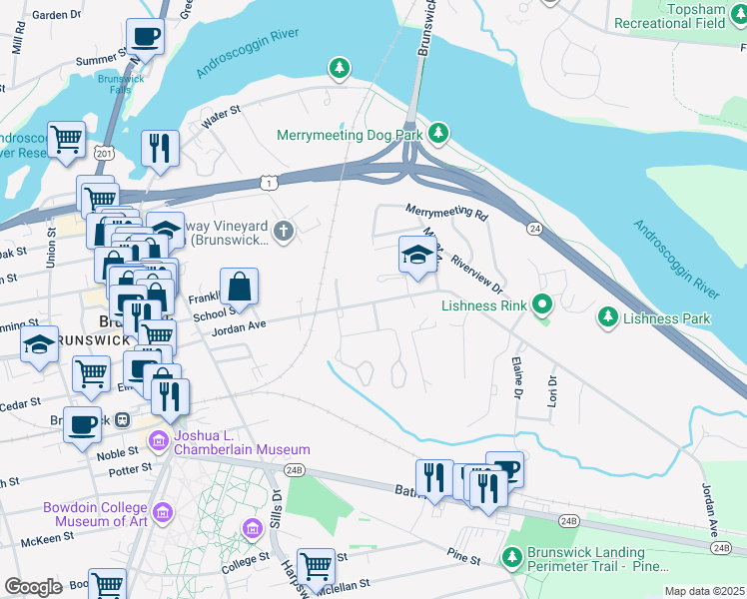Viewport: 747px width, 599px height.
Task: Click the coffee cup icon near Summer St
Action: [x=145, y=38]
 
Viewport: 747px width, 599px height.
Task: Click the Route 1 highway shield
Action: [x=267, y=182]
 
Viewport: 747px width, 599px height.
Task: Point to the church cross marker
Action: [x=284, y=232]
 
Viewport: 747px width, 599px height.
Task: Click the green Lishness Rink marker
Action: [x=542, y=302]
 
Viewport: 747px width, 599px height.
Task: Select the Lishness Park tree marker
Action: [x=606, y=318]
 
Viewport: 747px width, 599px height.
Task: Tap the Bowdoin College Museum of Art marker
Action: [x=165, y=513]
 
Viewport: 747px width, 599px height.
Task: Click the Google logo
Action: [x=33, y=587]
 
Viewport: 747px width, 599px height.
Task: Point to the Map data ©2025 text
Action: [x=704, y=591]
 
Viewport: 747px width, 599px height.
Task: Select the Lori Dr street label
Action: [x=550, y=381]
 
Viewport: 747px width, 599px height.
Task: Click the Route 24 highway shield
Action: [x=535, y=229]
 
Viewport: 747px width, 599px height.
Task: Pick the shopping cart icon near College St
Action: [x=317, y=566]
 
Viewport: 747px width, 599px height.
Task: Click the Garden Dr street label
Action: [x=56, y=16]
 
